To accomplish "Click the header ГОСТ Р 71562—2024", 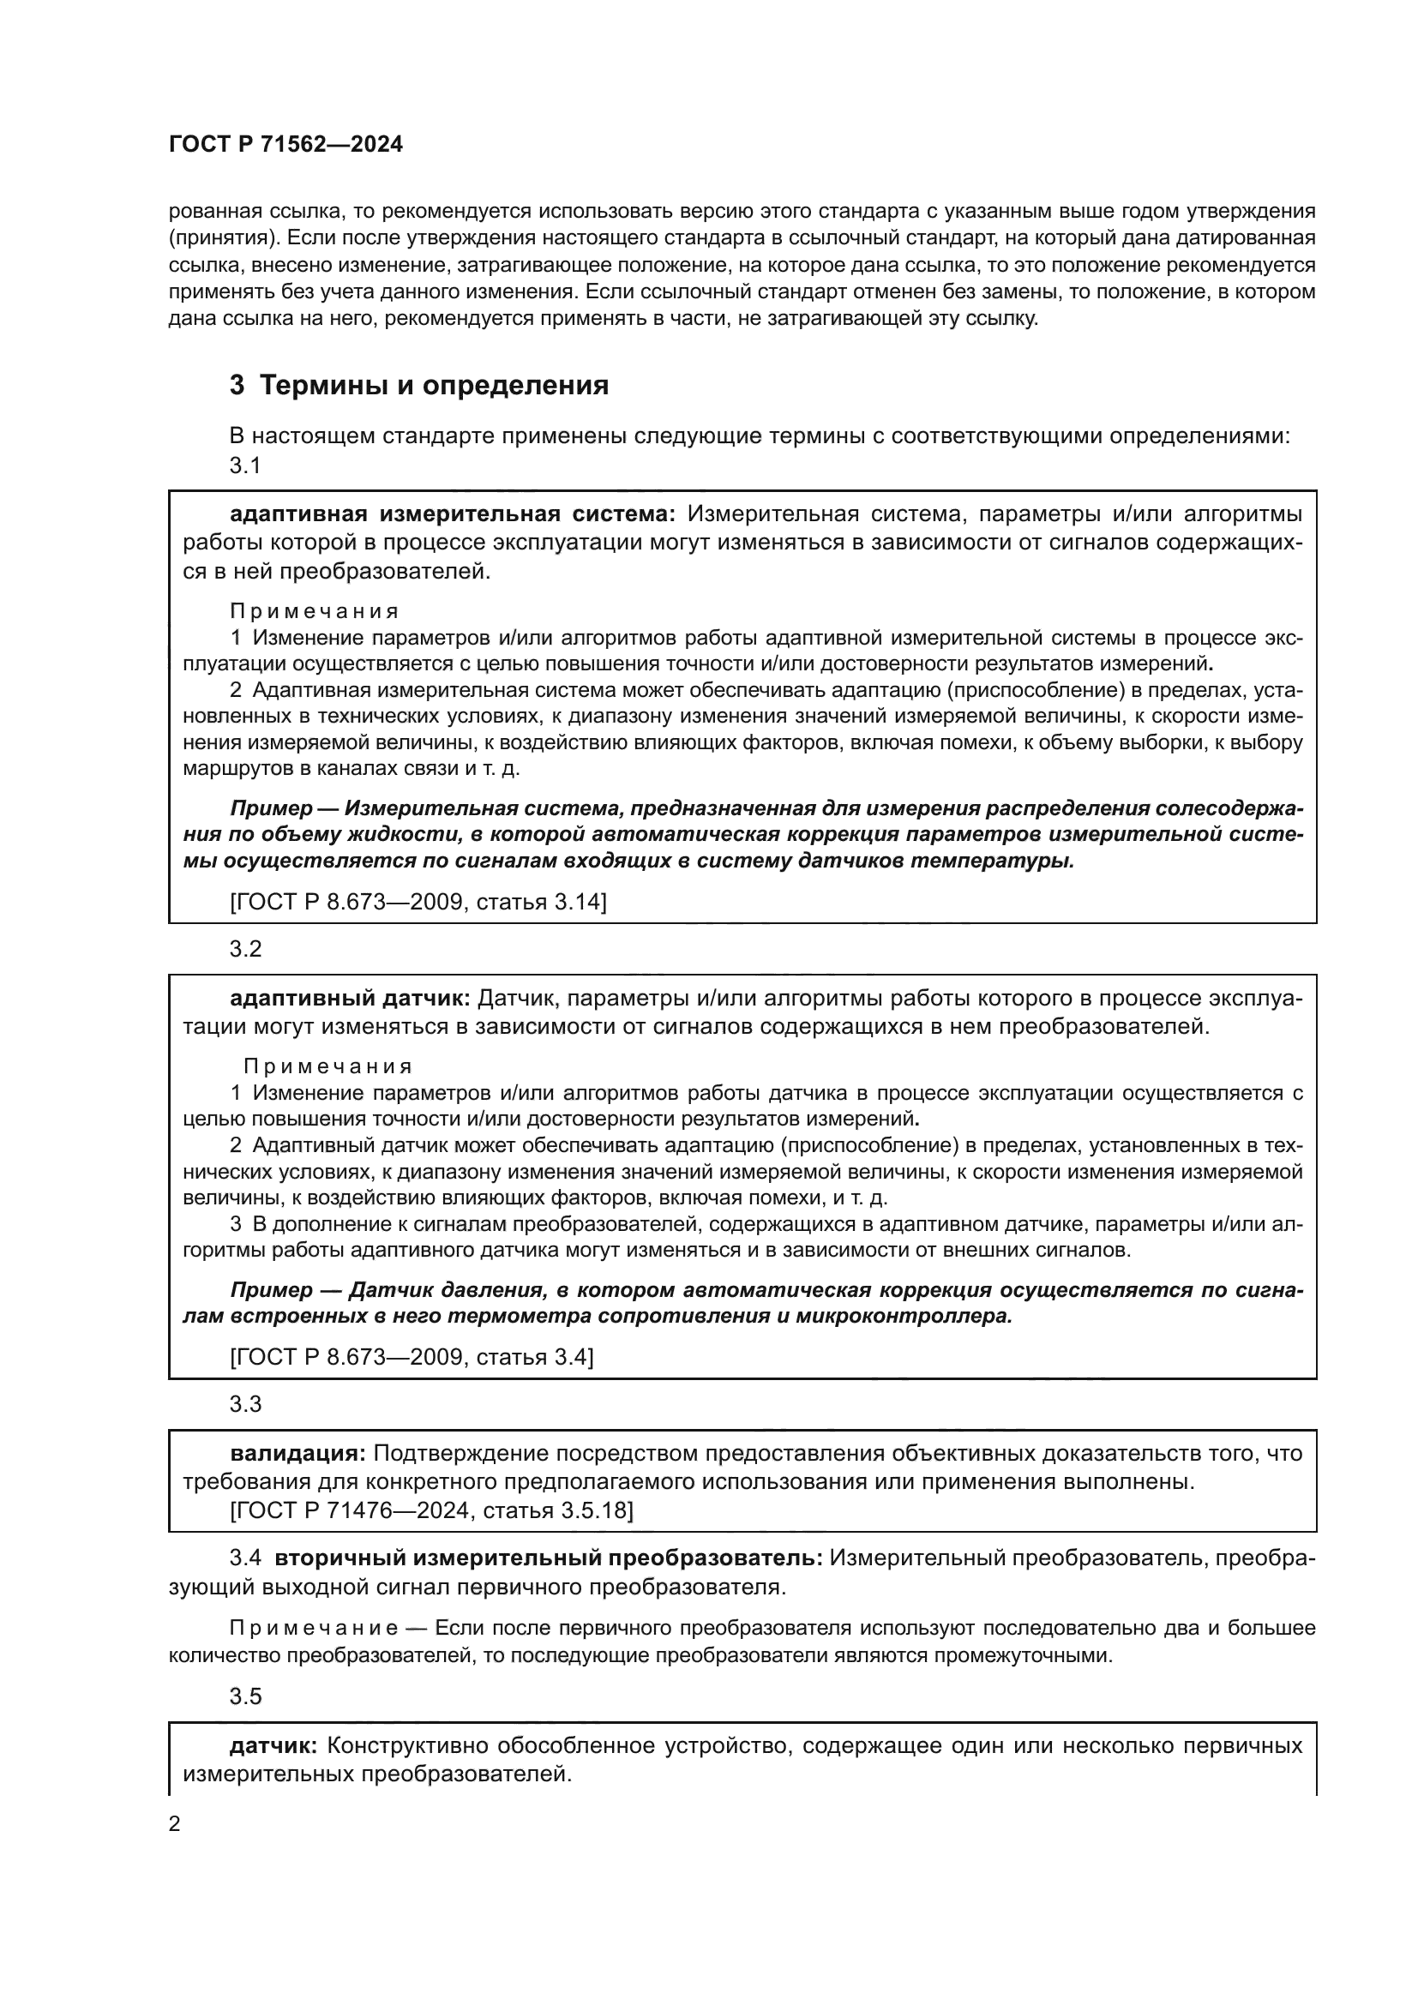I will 285,145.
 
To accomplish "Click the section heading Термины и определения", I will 419,385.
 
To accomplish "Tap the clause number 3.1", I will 245,465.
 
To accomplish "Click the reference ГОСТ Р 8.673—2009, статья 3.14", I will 418,901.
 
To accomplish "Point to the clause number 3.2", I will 245,949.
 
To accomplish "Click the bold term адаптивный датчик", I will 350,998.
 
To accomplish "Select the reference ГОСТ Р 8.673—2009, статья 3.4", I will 412,1357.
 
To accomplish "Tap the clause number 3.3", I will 245,1404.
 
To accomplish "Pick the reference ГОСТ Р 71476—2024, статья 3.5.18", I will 431,1510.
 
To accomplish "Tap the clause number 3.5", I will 245,1696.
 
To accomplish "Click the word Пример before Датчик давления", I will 271,1290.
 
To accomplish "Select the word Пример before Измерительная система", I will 271,808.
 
